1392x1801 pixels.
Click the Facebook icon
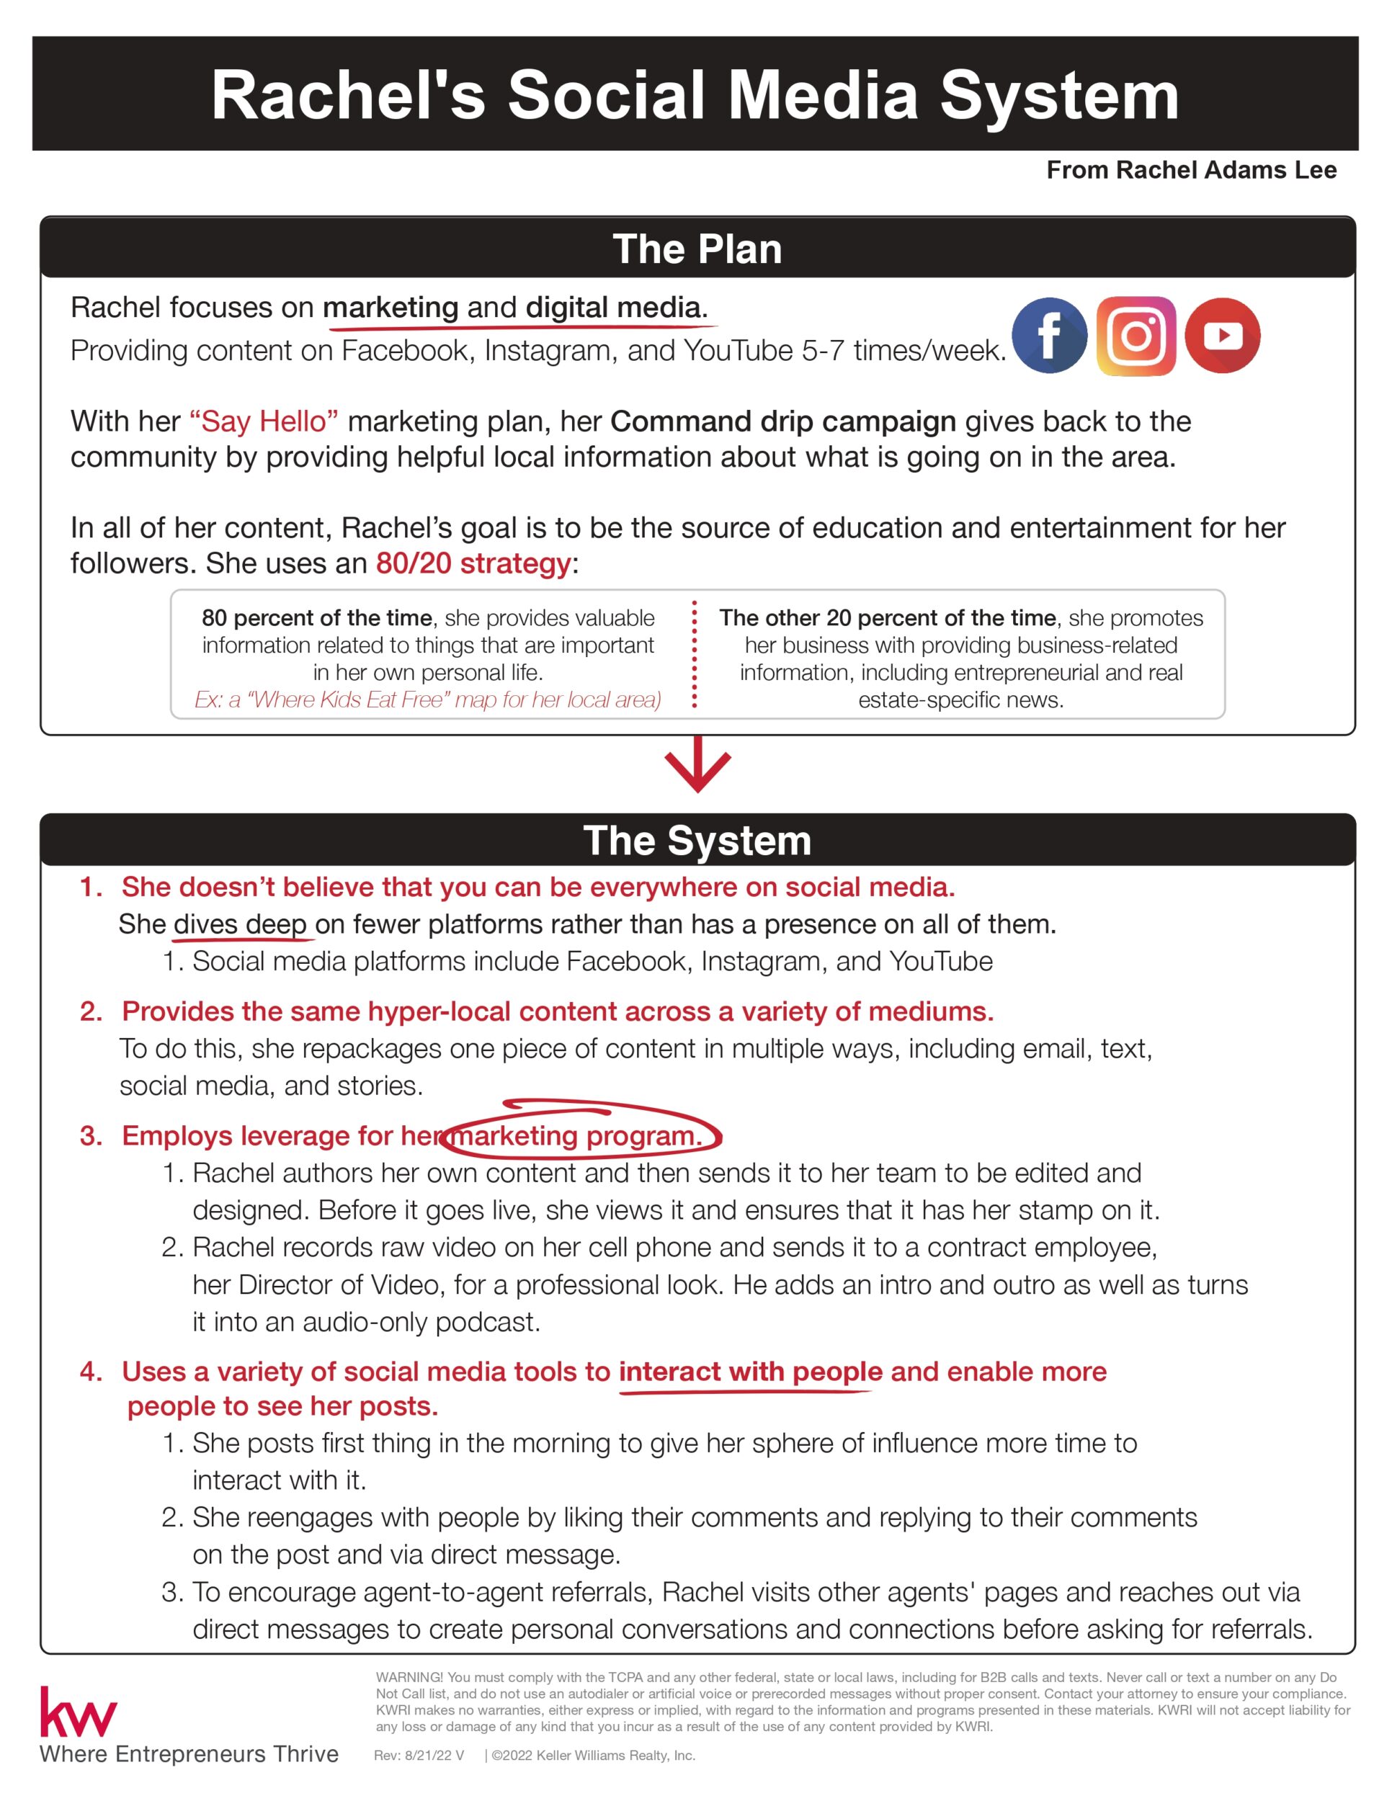(x=1049, y=336)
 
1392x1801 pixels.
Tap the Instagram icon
(x=1136, y=336)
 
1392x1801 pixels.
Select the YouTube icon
(x=1222, y=336)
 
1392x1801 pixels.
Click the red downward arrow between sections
(x=697, y=765)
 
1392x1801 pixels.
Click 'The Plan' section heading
(x=697, y=249)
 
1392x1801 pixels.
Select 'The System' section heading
(x=697, y=840)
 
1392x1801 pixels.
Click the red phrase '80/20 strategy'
(x=473, y=563)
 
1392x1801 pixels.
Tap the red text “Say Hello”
(x=264, y=421)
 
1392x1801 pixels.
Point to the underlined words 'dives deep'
(x=240, y=924)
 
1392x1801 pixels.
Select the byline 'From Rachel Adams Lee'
(x=1191, y=170)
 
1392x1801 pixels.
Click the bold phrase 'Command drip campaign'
(x=782, y=421)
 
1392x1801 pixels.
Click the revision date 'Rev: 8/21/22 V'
(x=419, y=1756)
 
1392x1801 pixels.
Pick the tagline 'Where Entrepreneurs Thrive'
(x=189, y=1754)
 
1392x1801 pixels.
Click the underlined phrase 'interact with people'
(x=751, y=1372)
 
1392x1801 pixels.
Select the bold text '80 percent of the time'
(x=317, y=617)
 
